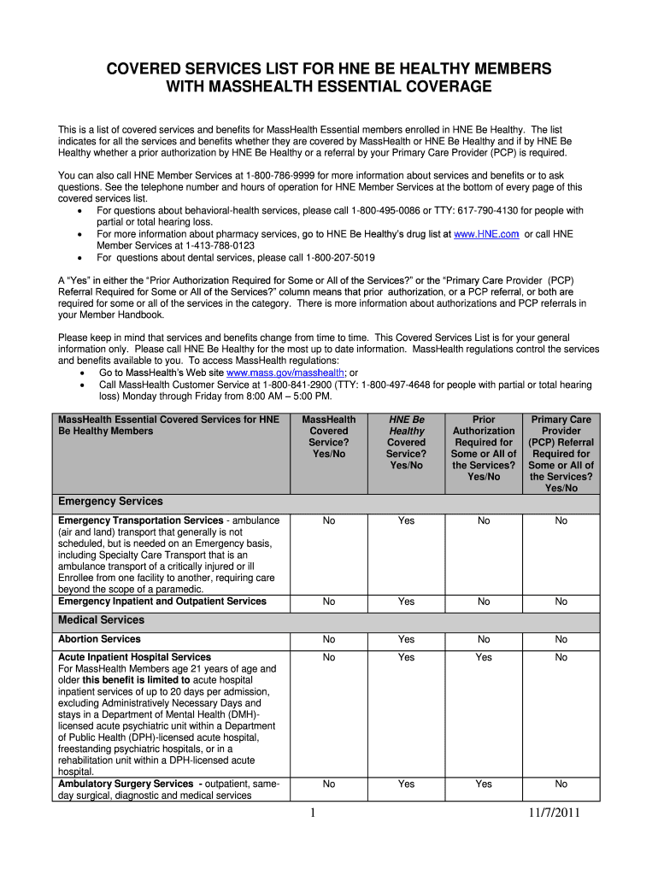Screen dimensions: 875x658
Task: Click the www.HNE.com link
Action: (x=486, y=233)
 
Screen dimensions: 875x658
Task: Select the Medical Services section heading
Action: (x=101, y=620)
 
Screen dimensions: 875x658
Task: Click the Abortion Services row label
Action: (x=99, y=639)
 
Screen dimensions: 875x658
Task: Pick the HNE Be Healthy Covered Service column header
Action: (x=406, y=443)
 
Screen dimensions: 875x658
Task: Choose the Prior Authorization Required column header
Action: (x=484, y=448)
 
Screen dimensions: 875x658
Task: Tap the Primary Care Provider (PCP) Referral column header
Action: (x=561, y=454)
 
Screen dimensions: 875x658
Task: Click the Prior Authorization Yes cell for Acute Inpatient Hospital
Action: (x=484, y=657)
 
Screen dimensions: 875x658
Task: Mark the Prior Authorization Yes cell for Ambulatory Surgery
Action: (x=484, y=784)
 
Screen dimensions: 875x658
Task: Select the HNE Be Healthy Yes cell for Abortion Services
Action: (x=406, y=639)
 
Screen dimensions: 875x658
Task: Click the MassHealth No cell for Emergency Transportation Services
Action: (x=329, y=520)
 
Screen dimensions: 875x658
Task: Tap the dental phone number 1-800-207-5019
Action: (x=328, y=257)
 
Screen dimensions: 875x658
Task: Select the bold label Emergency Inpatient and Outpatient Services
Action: (x=162, y=602)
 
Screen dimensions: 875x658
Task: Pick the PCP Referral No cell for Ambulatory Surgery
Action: (x=561, y=784)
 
